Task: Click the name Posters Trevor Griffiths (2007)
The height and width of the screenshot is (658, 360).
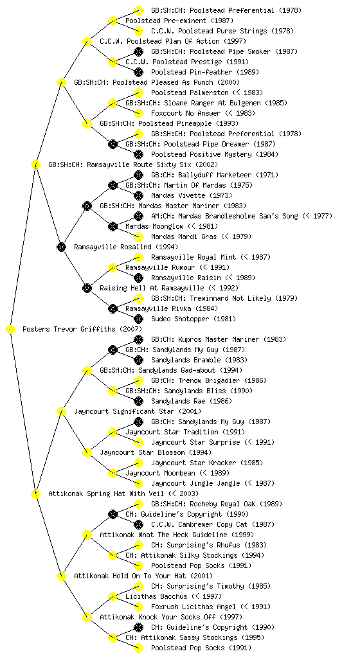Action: click(x=82, y=329)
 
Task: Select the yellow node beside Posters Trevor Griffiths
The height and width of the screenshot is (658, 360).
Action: click(x=10, y=330)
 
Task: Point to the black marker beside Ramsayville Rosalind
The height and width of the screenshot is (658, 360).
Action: click(x=61, y=247)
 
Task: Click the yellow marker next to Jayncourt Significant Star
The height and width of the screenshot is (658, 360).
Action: click(x=61, y=411)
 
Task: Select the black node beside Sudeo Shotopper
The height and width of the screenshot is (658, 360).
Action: click(x=138, y=319)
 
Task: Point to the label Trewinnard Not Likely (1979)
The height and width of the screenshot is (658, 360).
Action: click(x=224, y=298)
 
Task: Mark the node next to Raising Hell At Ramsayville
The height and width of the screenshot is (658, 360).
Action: click(x=87, y=288)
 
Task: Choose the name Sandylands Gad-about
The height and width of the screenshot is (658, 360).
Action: click(x=171, y=370)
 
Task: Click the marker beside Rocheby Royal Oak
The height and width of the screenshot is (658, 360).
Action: click(x=138, y=504)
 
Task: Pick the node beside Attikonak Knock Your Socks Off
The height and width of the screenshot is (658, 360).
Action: click(x=87, y=617)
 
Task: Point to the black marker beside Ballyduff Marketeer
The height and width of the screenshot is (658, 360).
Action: click(x=138, y=175)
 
